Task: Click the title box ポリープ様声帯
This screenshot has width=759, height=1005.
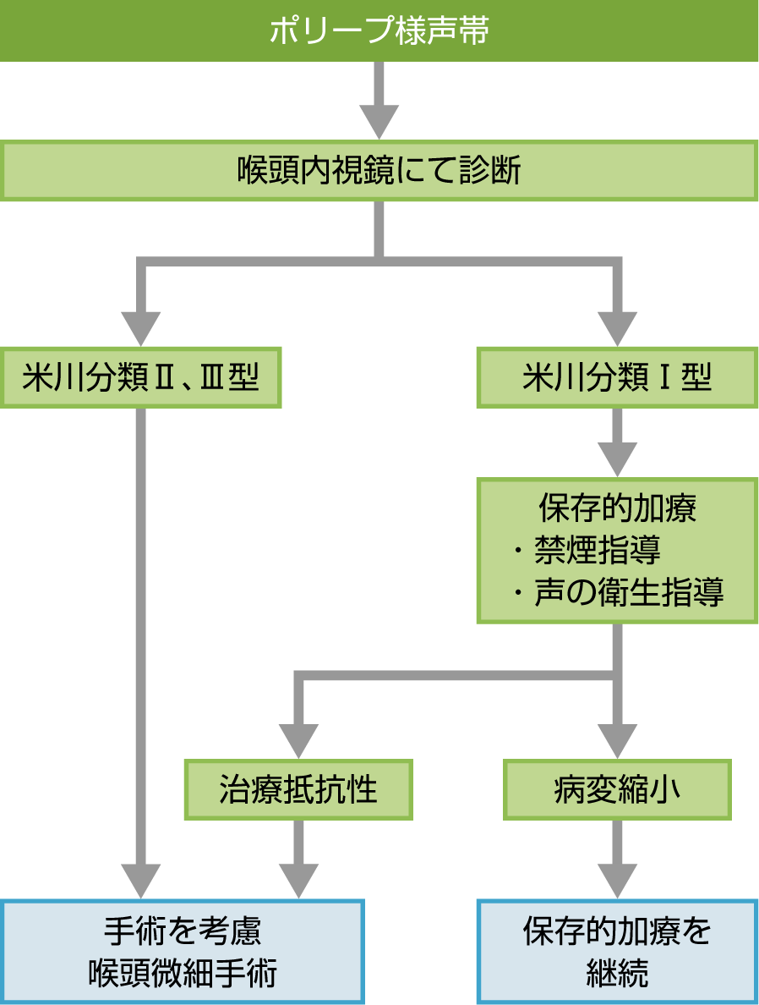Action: (x=379, y=31)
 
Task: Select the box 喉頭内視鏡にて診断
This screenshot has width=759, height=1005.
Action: (x=379, y=172)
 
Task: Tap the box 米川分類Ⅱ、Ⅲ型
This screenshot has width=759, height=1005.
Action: (x=139, y=377)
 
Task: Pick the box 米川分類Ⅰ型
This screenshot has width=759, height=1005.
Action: (x=617, y=377)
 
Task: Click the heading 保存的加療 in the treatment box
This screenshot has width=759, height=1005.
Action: (x=617, y=509)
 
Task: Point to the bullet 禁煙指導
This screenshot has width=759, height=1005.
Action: (x=597, y=551)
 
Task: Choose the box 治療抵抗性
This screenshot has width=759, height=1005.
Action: (x=298, y=789)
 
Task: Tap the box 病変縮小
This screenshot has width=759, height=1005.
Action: (x=617, y=789)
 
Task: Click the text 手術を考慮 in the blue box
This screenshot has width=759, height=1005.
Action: (x=183, y=931)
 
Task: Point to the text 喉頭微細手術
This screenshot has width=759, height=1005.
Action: (x=183, y=973)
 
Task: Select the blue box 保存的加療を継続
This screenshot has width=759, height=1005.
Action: (x=617, y=952)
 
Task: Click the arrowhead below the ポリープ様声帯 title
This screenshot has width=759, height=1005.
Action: (x=379, y=120)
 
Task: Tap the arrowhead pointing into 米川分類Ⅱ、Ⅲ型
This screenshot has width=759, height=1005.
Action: (x=140, y=327)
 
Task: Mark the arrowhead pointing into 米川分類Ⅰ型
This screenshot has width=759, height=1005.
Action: (x=617, y=327)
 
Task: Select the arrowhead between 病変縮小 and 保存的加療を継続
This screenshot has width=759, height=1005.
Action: (x=617, y=880)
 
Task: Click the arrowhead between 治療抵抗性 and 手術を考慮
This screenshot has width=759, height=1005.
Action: (x=298, y=880)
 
